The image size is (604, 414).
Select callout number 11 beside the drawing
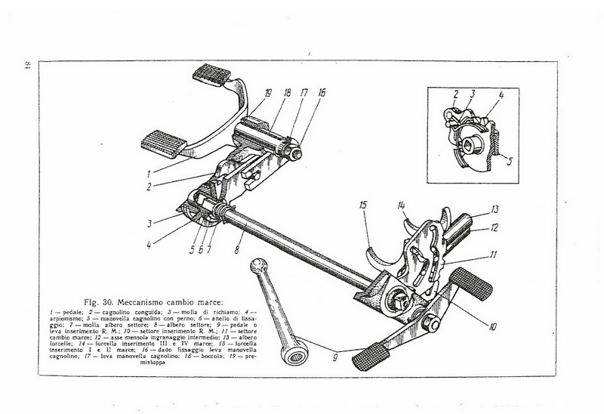tap(492, 255)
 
